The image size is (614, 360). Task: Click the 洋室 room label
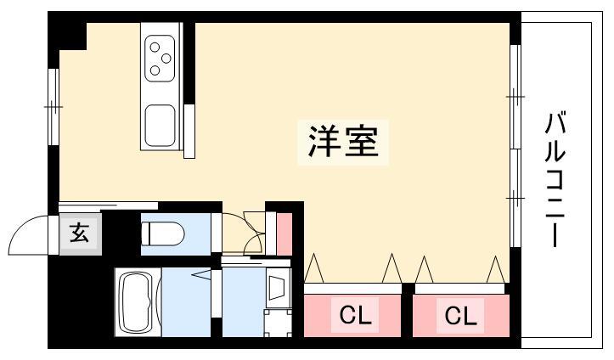[x=343, y=141]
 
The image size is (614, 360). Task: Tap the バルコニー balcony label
[x=555, y=180]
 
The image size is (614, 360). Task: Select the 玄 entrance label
[x=80, y=233]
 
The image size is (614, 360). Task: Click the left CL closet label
[x=355, y=315]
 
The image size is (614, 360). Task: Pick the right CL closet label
[x=460, y=315]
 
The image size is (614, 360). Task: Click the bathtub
[x=138, y=301]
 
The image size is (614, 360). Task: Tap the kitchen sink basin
[x=160, y=126]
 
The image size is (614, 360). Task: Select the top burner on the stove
[x=155, y=47]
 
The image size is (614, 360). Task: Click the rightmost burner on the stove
[x=166, y=59]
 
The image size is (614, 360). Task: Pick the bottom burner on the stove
[x=155, y=70]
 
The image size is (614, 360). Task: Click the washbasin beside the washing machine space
[x=278, y=288]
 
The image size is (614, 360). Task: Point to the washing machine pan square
[x=278, y=323]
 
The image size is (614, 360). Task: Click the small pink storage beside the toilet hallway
[x=284, y=233]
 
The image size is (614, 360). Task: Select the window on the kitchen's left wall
[x=54, y=107]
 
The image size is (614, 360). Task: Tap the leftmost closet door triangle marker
[x=313, y=268]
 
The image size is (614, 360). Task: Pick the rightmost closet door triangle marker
[x=495, y=269]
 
